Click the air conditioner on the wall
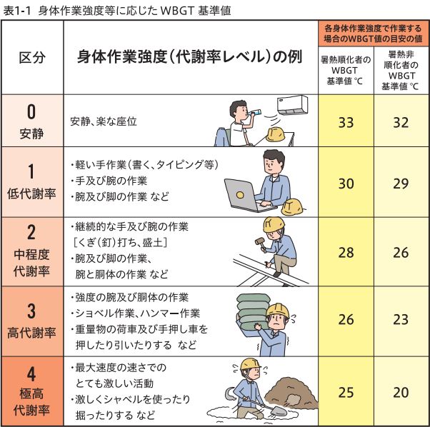(293, 105)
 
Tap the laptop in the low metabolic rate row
(246, 194)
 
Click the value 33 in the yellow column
(346, 121)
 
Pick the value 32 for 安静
(400, 121)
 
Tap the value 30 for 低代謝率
(346, 184)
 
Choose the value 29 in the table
(400, 184)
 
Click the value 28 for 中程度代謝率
(346, 253)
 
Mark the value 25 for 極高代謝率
(346, 391)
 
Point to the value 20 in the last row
(400, 391)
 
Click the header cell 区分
(32, 58)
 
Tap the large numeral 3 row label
(31, 311)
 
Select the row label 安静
(31, 133)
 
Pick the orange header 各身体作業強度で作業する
(373, 27)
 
